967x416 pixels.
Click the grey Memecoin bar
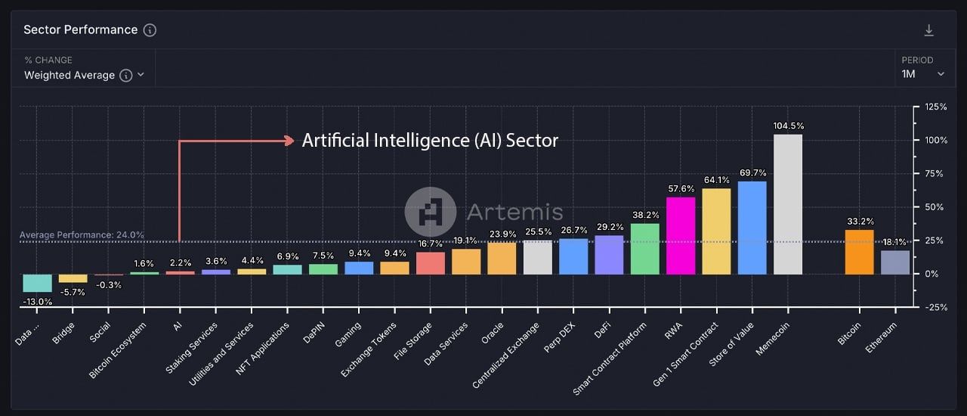click(x=788, y=204)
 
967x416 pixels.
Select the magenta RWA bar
click(x=681, y=235)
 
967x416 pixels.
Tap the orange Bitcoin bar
click(x=860, y=252)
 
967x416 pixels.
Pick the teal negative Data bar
click(x=37, y=283)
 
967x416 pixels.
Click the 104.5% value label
click(x=788, y=126)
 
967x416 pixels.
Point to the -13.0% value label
click(x=37, y=301)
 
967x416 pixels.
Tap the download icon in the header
click(x=929, y=30)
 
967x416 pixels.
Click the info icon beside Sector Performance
click(x=150, y=30)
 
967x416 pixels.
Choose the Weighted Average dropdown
click(x=83, y=75)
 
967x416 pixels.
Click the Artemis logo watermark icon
click(x=431, y=211)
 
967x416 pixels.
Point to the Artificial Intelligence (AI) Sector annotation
click(x=430, y=141)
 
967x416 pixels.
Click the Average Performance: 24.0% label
click(x=82, y=235)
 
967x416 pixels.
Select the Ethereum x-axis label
click(x=882, y=337)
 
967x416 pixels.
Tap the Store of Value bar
click(x=752, y=228)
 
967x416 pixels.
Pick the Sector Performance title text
click(x=81, y=30)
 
